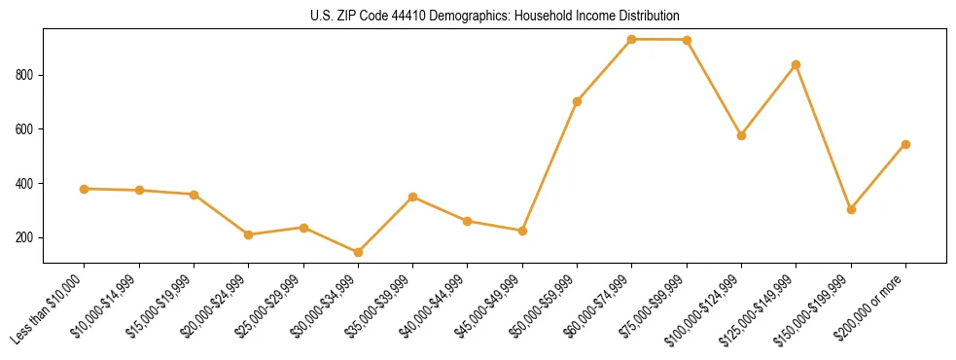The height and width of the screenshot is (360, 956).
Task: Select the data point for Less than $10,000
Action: (85, 189)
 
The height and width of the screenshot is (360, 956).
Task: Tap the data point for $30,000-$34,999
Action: (358, 252)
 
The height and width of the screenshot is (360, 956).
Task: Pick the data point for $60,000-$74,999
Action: (632, 40)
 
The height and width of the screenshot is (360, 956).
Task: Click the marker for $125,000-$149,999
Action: (797, 65)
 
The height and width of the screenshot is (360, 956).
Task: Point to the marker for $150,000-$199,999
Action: (851, 209)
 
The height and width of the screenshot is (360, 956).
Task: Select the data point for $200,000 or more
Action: (905, 144)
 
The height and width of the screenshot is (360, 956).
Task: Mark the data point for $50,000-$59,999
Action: (578, 101)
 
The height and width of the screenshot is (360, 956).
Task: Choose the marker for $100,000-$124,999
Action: (741, 135)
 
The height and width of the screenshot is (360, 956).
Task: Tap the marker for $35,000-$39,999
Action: (413, 197)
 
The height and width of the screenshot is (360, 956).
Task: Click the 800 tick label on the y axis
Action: (27, 75)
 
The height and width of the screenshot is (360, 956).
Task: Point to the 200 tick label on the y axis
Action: (27, 237)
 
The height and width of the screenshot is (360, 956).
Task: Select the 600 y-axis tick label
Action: (27, 129)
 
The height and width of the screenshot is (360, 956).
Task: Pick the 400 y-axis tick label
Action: (27, 184)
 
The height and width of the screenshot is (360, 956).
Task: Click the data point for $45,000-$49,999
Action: (522, 231)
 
